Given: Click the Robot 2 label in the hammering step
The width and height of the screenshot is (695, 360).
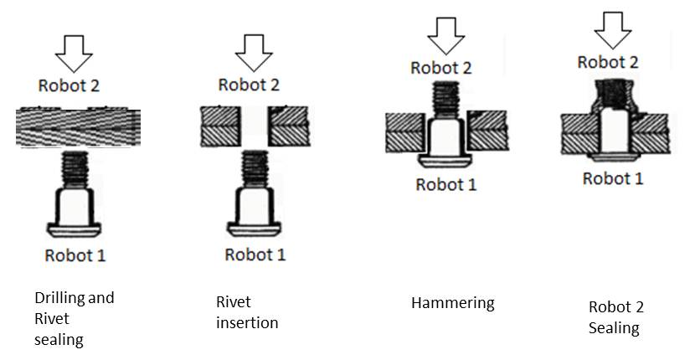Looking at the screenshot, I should (442, 68).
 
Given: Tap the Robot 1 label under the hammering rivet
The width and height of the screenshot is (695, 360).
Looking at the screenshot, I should (445, 185).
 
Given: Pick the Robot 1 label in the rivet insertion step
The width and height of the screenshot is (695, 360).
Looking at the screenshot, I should (255, 255).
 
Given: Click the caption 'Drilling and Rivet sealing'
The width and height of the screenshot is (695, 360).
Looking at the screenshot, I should (74, 318).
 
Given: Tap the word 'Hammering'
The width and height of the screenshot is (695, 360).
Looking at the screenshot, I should (452, 303).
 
